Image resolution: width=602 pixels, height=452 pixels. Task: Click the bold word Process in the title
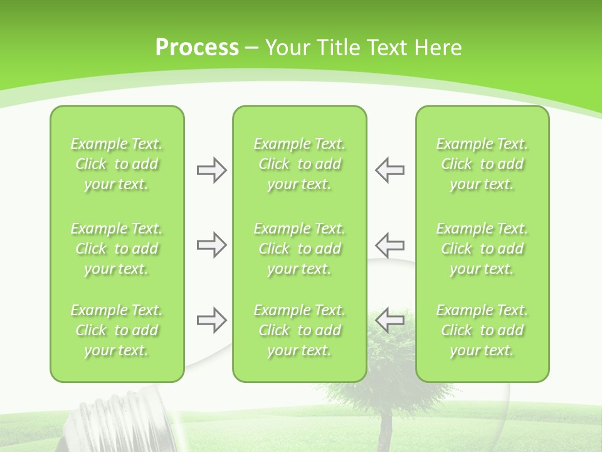197,48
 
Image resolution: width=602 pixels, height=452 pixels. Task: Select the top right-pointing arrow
211,170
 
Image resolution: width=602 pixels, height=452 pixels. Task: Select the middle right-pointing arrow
211,245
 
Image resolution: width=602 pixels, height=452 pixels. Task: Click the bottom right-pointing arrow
211,320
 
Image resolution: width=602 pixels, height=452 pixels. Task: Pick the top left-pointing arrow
390,170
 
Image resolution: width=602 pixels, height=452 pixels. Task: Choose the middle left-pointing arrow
390,245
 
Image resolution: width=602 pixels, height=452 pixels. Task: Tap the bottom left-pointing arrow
390,320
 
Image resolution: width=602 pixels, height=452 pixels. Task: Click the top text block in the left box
117,164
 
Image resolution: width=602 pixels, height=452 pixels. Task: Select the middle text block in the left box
117,249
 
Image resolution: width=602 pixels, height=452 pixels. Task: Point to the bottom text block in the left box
117,330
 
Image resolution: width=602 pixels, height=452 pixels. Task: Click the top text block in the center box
299,164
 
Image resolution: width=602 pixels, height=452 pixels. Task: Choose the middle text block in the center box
299,249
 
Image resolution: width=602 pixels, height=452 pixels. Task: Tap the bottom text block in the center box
299,330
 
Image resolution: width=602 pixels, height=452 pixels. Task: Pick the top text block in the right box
482,164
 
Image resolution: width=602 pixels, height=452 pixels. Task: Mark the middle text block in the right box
482,249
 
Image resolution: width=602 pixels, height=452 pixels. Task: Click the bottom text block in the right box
482,330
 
